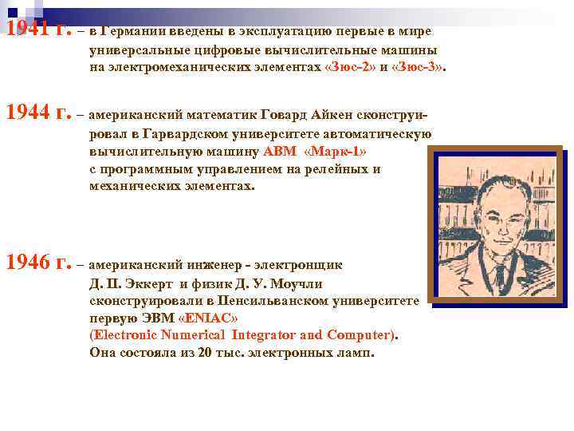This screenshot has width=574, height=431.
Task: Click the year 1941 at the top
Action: [29, 30]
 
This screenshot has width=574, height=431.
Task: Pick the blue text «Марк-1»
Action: [337, 151]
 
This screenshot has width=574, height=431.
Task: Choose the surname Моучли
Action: [296, 283]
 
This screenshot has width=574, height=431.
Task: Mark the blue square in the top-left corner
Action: [12, 11]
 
